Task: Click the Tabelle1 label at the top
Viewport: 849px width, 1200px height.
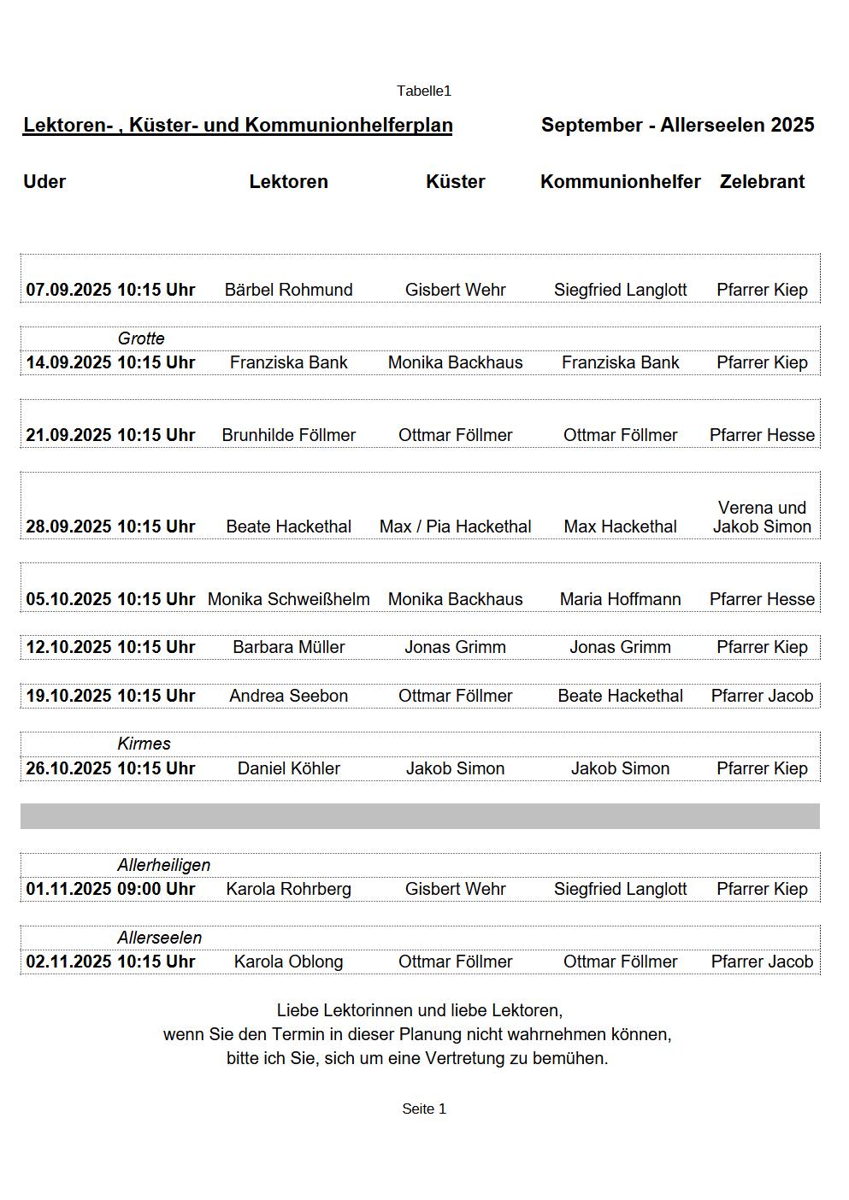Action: point(423,91)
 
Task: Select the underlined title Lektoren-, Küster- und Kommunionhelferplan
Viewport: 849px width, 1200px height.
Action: point(238,125)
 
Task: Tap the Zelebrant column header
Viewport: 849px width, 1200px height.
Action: point(762,181)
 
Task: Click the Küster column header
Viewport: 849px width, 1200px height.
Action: point(455,181)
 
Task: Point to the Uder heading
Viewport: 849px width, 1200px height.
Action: point(44,181)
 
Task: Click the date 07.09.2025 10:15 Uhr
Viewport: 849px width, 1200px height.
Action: point(110,290)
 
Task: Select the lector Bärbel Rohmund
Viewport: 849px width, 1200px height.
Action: point(288,290)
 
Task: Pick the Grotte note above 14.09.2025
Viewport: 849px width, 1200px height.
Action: point(141,338)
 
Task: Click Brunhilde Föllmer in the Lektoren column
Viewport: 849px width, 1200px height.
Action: point(288,435)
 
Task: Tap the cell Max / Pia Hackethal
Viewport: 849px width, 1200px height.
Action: point(455,526)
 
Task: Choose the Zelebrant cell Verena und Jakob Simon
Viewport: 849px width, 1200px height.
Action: point(762,517)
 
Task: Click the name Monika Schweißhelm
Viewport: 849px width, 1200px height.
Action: point(288,599)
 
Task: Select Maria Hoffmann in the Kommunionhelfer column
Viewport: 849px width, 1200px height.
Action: point(620,599)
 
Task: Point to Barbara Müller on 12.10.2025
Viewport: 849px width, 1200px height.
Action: point(288,647)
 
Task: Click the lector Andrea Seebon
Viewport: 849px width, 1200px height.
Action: point(288,696)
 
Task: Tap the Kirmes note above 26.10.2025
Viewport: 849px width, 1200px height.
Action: point(144,744)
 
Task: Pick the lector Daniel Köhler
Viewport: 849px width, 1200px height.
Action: point(288,768)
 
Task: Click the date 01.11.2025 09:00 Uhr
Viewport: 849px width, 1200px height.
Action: point(110,889)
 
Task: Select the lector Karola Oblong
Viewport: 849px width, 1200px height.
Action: point(288,962)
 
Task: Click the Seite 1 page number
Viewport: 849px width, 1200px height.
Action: point(424,1109)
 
